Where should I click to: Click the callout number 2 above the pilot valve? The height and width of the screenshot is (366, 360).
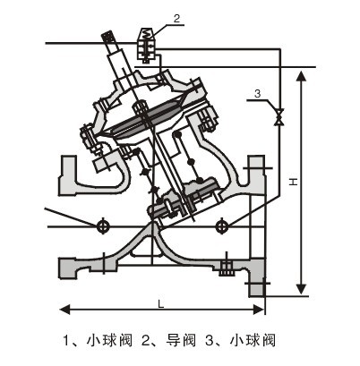[x=176, y=19]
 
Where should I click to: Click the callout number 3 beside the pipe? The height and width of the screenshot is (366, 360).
[x=257, y=94]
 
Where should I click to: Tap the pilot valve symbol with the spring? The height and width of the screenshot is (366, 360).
[x=146, y=45]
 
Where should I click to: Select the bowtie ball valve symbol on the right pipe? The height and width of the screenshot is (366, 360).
[x=279, y=116]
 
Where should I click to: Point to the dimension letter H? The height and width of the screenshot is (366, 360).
[x=294, y=182]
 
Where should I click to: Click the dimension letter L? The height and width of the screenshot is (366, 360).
[x=161, y=304]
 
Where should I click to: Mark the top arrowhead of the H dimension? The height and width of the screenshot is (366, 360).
[x=302, y=76]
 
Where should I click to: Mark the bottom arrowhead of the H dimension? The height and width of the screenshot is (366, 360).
[x=302, y=288]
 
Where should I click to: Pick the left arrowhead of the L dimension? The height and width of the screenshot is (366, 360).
[x=64, y=310]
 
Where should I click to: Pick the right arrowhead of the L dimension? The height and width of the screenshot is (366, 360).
[x=259, y=310]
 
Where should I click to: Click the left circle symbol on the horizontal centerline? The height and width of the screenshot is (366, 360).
[x=102, y=226]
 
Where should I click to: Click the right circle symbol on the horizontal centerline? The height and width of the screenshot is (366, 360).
[x=221, y=226]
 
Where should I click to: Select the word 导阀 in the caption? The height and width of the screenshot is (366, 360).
[x=181, y=340]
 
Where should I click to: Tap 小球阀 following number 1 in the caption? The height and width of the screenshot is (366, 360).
[x=109, y=340]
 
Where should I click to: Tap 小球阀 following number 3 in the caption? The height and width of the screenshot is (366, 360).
[x=253, y=340]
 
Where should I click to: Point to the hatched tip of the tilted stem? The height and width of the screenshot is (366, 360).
[x=108, y=38]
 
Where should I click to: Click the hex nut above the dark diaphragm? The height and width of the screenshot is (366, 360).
[x=140, y=107]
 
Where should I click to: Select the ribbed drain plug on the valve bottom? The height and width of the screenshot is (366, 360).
[x=227, y=268]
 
